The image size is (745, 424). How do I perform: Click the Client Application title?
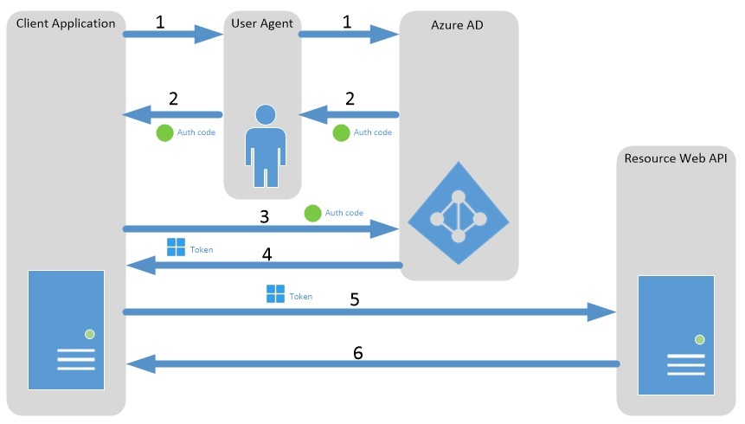(x=66, y=23)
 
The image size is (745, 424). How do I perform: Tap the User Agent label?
(x=262, y=23)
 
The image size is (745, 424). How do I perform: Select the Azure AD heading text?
(x=457, y=26)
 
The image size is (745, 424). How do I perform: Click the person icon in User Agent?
(x=265, y=145)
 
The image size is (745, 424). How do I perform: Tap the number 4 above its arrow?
(x=267, y=255)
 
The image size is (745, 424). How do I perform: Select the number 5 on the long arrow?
(x=354, y=299)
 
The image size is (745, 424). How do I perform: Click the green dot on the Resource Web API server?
(x=699, y=339)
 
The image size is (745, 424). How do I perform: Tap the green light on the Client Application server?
(x=89, y=334)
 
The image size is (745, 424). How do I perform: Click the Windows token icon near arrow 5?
(x=275, y=294)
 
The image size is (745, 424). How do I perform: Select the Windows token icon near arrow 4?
(x=176, y=247)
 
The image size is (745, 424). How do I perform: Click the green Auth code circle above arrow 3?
(x=312, y=212)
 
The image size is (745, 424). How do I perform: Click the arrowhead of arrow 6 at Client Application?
(x=141, y=364)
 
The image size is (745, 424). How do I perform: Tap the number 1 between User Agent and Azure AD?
(x=347, y=22)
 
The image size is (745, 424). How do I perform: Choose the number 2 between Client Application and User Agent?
(x=173, y=98)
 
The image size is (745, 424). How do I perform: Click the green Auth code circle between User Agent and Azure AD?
(x=341, y=132)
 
